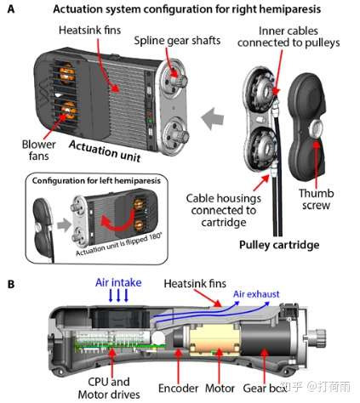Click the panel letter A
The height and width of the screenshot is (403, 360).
(11, 9)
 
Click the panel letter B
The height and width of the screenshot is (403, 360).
(11, 284)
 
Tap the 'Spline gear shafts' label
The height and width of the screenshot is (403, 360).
(177, 41)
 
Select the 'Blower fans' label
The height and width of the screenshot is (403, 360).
(38, 150)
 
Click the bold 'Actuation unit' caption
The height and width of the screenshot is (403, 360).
(105, 150)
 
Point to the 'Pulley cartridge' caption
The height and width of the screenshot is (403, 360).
(279, 245)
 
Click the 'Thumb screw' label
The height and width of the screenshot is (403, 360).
(316, 199)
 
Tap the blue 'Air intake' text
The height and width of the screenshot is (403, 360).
(118, 282)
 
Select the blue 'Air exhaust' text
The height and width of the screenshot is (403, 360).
(256, 294)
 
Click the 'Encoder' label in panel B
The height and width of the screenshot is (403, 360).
(178, 389)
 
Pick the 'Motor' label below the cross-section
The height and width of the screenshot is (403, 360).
(220, 389)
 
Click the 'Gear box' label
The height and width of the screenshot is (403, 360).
(264, 389)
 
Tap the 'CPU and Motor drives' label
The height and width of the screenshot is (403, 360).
(109, 389)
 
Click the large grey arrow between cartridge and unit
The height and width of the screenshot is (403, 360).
(213, 118)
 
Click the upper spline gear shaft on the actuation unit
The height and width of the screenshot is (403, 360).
(178, 80)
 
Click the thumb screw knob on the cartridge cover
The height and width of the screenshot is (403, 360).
(317, 128)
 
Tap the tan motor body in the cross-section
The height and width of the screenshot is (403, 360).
(214, 339)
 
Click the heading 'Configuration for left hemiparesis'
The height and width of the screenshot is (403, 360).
(96, 181)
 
